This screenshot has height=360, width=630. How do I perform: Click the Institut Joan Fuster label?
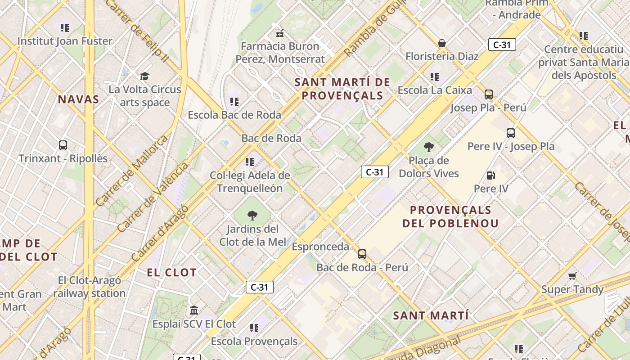[x=65, y=41]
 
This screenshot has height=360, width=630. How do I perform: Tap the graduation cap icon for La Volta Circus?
[x=144, y=76]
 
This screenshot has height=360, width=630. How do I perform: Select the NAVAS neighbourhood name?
[x=78, y=99]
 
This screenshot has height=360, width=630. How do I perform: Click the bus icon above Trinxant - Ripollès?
[x=63, y=145]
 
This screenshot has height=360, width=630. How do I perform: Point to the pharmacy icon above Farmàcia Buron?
[x=280, y=33]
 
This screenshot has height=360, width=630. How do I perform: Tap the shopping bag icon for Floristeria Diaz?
[x=442, y=43]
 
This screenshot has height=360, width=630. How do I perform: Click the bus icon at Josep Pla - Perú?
[x=488, y=94]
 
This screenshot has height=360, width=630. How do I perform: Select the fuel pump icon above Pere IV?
[x=491, y=175]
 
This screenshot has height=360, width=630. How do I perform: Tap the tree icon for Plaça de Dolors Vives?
[x=429, y=147]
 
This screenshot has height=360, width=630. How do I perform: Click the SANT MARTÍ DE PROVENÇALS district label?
[x=342, y=89]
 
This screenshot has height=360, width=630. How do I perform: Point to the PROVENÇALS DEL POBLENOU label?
[x=450, y=216]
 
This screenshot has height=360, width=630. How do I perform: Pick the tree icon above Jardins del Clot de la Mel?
[x=252, y=216]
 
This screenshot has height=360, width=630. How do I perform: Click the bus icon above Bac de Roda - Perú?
[x=362, y=254]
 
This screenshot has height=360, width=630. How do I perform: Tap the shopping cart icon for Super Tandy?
[x=572, y=276]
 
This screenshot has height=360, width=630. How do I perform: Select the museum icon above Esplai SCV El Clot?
[x=194, y=310]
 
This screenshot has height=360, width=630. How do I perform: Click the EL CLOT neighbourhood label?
[x=172, y=272]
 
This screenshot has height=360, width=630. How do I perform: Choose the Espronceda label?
[x=320, y=247]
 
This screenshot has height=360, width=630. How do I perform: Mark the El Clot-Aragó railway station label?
[x=90, y=287]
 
